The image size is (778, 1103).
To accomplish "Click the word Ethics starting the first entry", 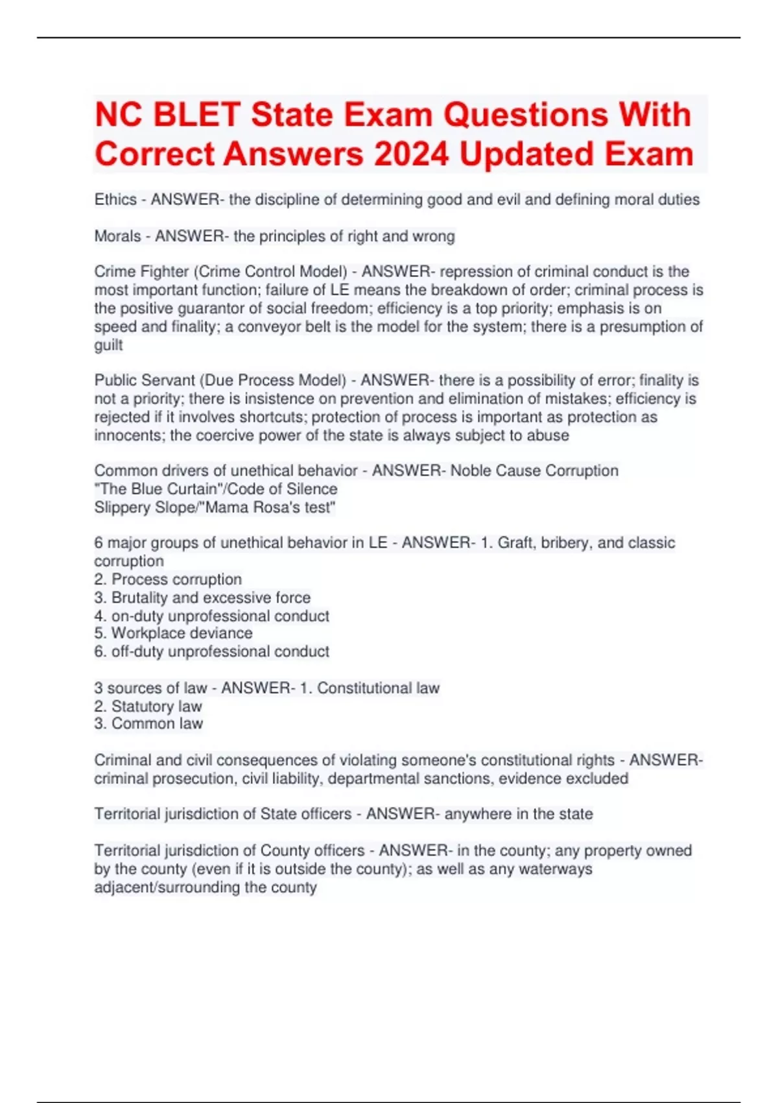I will pos(115,200).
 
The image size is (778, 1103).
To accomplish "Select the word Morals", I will pos(117,236).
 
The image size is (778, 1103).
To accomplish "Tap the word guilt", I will pos(108,345).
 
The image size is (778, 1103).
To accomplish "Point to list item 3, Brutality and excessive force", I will pos(202,597).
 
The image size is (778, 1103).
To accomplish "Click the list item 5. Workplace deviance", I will pos(173,633).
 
